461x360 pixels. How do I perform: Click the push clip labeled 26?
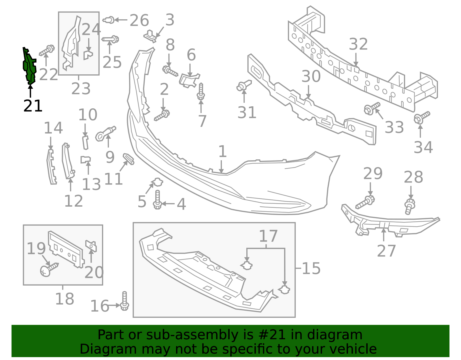(x=109, y=20)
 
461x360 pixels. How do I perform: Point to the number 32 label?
(x=358, y=44)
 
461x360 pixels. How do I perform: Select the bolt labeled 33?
(x=372, y=108)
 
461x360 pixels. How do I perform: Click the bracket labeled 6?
(x=189, y=80)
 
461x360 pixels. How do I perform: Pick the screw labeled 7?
(x=201, y=92)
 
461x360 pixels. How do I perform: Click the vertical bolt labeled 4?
(x=157, y=199)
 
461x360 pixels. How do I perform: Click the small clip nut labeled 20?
(x=91, y=246)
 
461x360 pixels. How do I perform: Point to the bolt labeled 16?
(x=124, y=301)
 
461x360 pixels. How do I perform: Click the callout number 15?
(x=311, y=268)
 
